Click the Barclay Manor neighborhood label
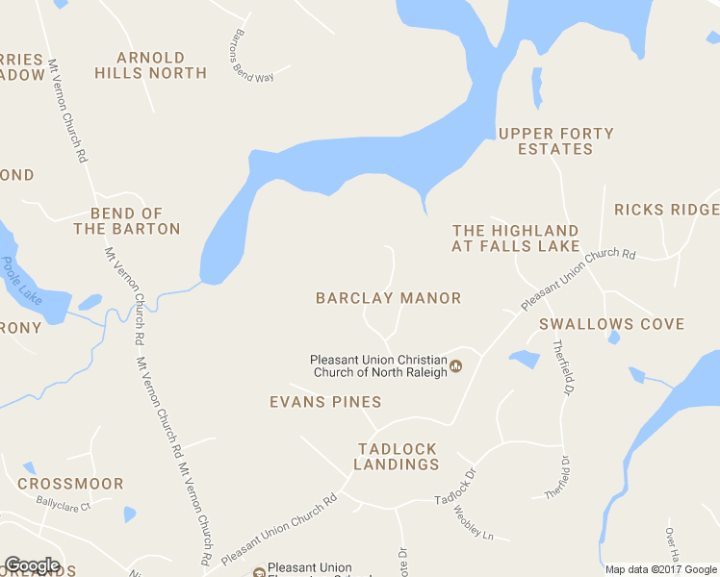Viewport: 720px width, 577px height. [388, 298]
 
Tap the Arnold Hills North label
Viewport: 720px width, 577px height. [162, 64]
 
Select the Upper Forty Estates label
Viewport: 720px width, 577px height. [555, 141]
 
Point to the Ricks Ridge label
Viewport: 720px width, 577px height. [666, 210]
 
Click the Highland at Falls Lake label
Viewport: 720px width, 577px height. [516, 238]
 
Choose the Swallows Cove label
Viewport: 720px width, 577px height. [611, 325]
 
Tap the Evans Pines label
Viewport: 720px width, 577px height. [325, 402]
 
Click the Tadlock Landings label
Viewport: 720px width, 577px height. [397, 457]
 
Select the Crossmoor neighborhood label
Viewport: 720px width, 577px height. [70, 484]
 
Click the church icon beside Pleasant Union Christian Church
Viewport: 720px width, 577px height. [456, 365]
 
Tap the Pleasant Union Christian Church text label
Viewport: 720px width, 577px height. [378, 366]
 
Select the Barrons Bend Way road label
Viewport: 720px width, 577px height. [252, 56]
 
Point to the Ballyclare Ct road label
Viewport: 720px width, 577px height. [64, 503]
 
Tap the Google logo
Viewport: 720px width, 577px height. [32, 565]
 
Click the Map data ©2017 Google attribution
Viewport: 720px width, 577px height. [661, 569]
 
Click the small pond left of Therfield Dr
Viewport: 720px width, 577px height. [525, 360]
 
